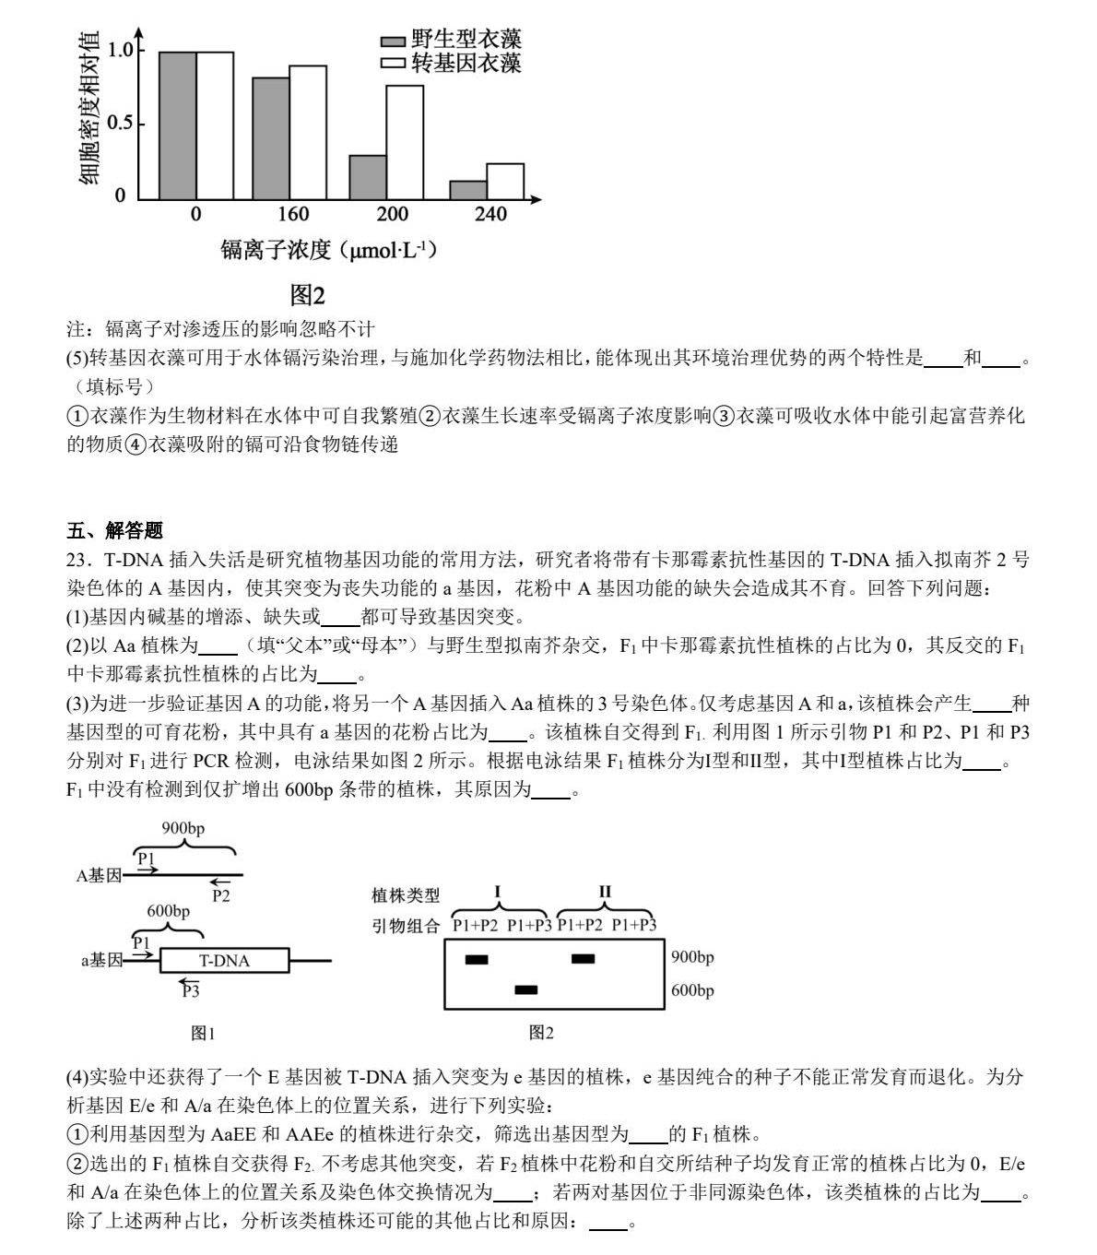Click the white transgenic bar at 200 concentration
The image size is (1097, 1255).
point(405,142)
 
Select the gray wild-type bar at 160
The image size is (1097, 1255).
point(270,138)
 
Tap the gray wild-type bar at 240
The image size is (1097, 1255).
point(467,189)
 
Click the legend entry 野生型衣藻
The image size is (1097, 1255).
point(452,39)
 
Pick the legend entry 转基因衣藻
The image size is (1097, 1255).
point(452,63)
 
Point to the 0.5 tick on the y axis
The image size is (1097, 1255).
point(120,124)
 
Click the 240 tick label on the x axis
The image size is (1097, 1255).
point(490,214)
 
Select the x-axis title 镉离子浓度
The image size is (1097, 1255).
point(276,249)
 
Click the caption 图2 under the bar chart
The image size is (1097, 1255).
point(307,295)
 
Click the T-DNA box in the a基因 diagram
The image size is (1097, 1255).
point(224,960)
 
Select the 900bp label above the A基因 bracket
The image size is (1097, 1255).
point(183,828)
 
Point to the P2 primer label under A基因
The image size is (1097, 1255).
point(221,894)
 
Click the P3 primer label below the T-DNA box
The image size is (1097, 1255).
point(190,991)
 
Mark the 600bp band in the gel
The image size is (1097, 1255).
point(525,989)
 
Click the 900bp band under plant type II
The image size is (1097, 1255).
point(583,959)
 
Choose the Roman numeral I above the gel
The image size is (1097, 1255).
point(498,892)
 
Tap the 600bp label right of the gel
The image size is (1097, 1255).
point(692,990)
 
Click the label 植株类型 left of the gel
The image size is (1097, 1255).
point(406,895)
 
